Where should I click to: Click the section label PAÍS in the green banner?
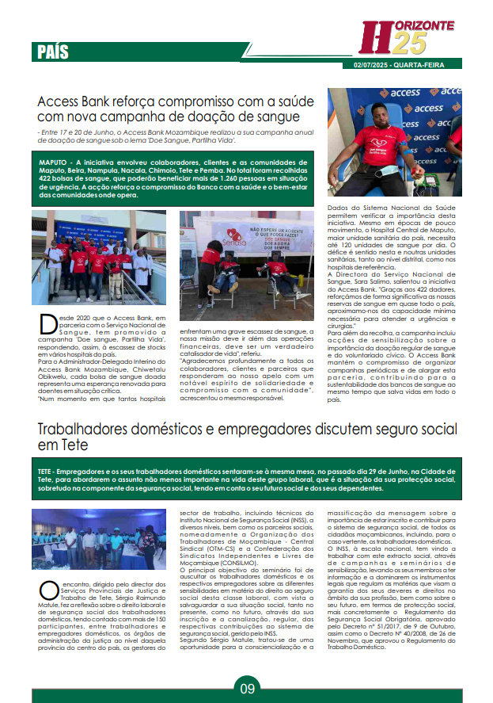point(53,52)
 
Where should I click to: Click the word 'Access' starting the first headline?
point(63,102)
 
